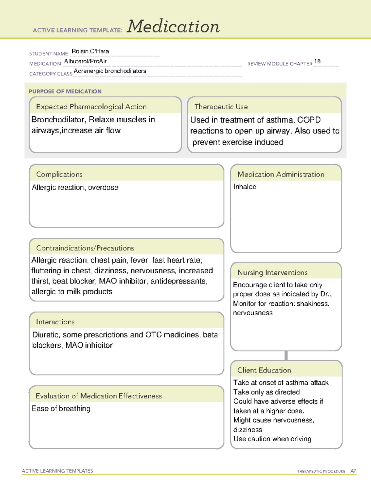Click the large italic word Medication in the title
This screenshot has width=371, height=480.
[173, 27]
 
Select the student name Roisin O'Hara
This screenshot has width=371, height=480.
[90, 51]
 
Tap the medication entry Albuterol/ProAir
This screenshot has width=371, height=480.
[85, 62]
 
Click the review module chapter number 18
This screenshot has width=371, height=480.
[317, 62]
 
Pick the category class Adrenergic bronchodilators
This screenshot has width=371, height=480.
[110, 71]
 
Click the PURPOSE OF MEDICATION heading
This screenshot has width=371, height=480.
[65, 91]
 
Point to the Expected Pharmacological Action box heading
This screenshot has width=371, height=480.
[91, 107]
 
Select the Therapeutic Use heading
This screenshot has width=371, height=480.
[221, 107]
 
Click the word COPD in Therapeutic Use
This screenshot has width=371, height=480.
[309, 120]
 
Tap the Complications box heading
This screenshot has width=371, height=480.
[59, 174]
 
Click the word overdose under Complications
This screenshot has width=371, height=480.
[103, 188]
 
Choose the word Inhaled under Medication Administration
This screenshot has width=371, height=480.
[245, 187]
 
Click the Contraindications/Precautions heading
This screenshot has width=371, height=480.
[85, 248]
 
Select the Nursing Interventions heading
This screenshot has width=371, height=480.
[272, 273]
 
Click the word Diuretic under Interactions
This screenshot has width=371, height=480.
[45, 335]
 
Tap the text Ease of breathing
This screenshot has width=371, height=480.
[61, 409]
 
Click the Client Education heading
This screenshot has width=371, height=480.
[264, 370]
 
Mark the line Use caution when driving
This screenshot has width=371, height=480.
[272, 439]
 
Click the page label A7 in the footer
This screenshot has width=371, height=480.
[353, 471]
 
